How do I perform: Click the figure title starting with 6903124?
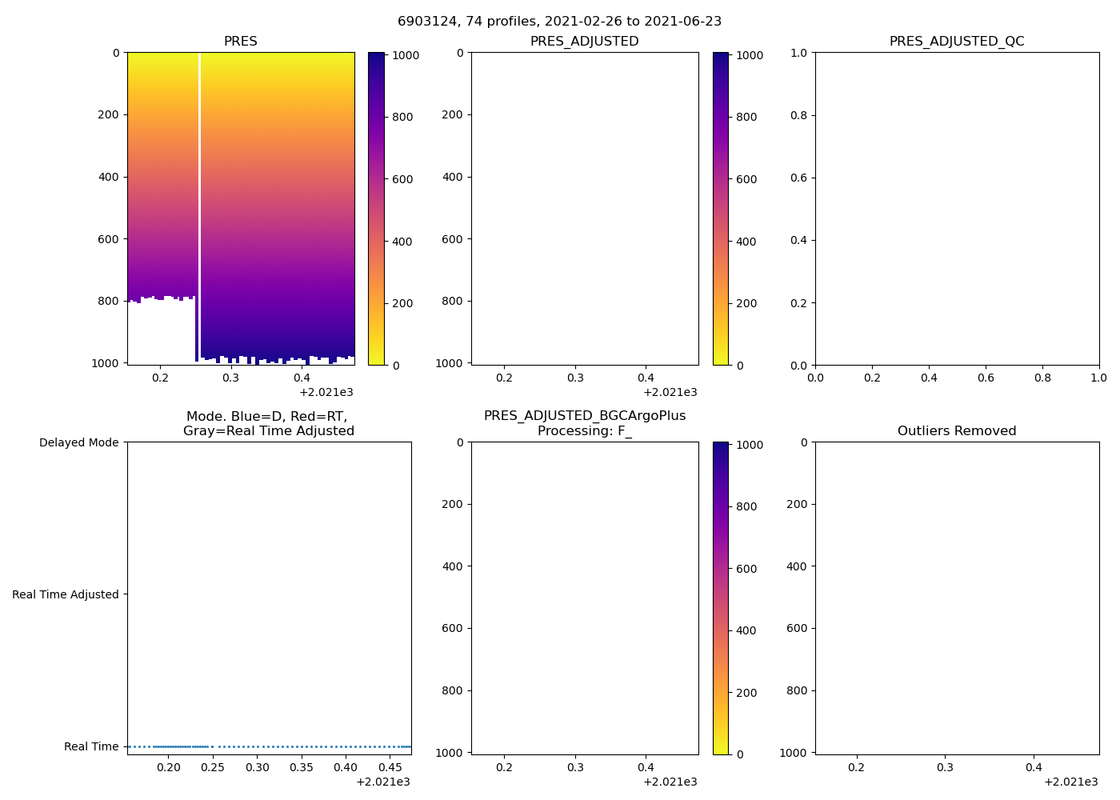pos(559,22)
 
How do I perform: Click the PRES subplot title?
pos(240,42)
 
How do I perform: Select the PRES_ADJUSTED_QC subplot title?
pos(956,42)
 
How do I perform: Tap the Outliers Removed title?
pos(956,431)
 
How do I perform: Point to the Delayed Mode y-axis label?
pos(78,443)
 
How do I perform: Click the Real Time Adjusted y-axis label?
pos(65,594)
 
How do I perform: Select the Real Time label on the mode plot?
pos(91,746)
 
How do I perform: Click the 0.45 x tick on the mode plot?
pos(390,768)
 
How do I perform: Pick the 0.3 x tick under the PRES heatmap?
pos(230,378)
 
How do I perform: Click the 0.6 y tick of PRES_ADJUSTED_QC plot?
pos(798,178)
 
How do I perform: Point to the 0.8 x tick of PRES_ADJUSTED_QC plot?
pos(1042,378)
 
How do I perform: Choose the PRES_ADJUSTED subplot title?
pos(584,42)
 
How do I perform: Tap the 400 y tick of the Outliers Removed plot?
pos(797,566)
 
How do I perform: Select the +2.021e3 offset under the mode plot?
pos(382,782)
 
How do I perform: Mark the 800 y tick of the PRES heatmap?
pos(110,302)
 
